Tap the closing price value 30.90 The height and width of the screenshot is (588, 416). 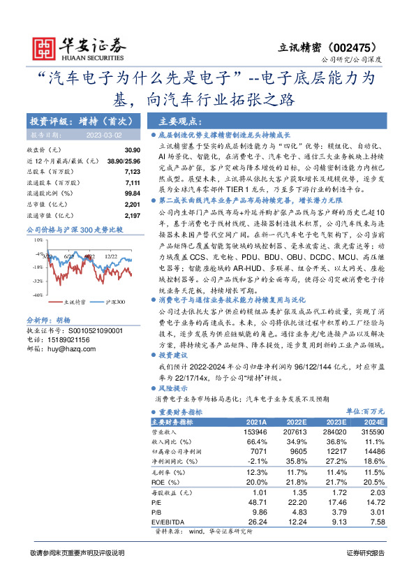(x=133, y=150)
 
